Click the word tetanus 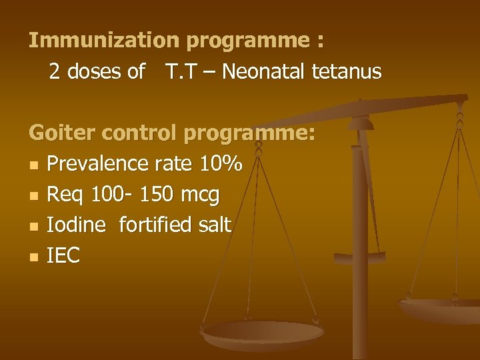pos(346,72)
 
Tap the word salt pos(214,225)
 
